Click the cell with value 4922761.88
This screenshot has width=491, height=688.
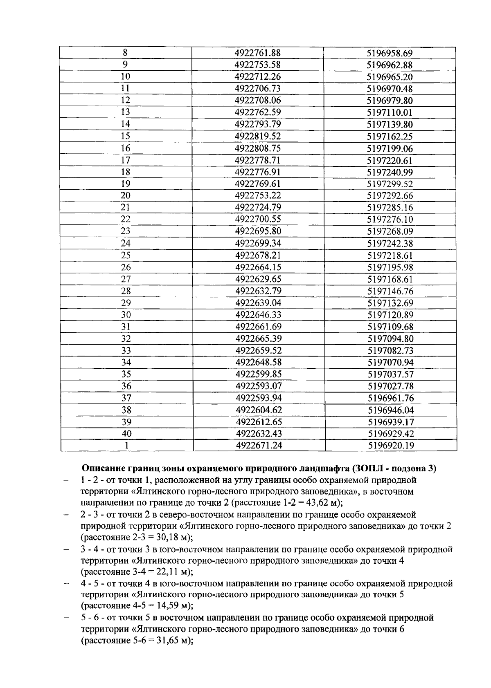pyautogui.click(x=258, y=53)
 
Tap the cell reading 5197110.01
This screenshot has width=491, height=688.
pyautogui.click(x=390, y=112)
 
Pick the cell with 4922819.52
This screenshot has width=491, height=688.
pyautogui.click(x=258, y=136)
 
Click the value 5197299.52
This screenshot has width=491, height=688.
pyautogui.click(x=390, y=184)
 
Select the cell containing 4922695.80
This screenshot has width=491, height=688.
pyautogui.click(x=258, y=231)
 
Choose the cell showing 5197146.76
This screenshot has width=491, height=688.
pyautogui.click(x=390, y=291)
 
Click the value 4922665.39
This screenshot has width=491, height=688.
pyautogui.click(x=259, y=338)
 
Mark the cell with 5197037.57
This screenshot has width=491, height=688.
pyautogui.click(x=390, y=374)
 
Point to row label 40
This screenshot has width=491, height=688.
pyautogui.click(x=126, y=433)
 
